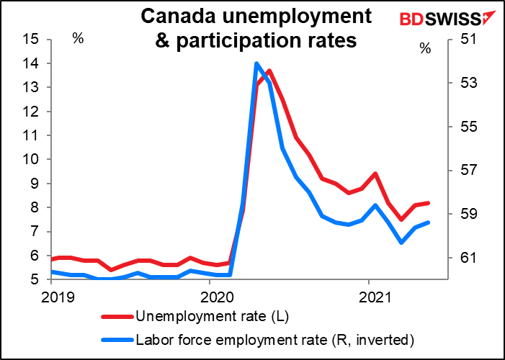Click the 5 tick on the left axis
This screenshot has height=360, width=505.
point(32,279)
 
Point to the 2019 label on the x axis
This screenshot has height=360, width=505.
point(52,296)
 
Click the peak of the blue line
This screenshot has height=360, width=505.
point(256,63)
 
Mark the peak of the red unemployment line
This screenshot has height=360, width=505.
point(269,71)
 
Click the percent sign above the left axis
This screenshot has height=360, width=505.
point(78,38)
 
